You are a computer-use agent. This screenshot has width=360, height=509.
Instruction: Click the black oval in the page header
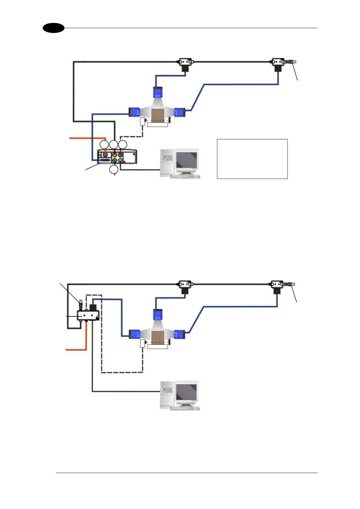coord(54,28)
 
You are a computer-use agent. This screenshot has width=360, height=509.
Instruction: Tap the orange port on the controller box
coord(115,154)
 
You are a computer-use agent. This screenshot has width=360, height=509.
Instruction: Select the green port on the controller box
coord(114,160)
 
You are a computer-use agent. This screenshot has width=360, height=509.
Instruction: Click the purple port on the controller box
coord(121,154)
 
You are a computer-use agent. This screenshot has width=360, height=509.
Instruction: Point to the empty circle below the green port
coord(114,170)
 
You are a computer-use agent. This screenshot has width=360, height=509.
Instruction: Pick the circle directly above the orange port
coord(114,144)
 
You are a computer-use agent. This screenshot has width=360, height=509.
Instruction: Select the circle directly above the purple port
coord(122,144)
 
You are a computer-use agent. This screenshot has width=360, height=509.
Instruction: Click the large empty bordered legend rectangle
coord(252,159)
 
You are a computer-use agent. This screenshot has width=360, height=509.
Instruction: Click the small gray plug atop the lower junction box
coord(81,302)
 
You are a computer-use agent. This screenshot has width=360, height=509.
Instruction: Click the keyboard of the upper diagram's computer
coord(185,176)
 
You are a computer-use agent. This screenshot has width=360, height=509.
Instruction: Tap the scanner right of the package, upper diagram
coord(180,112)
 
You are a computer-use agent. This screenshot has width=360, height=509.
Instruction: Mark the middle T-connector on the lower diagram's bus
coord(185,285)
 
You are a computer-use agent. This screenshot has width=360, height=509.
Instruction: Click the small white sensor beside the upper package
coord(143,122)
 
